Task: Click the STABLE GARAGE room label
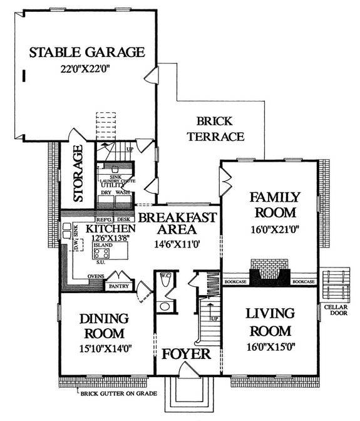click(x=87, y=52)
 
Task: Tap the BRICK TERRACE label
click(x=215, y=128)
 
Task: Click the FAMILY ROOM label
click(x=275, y=204)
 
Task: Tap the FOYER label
click(x=187, y=354)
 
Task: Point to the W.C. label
click(x=166, y=276)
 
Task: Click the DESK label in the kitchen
click(x=123, y=219)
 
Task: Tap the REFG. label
click(x=104, y=219)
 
